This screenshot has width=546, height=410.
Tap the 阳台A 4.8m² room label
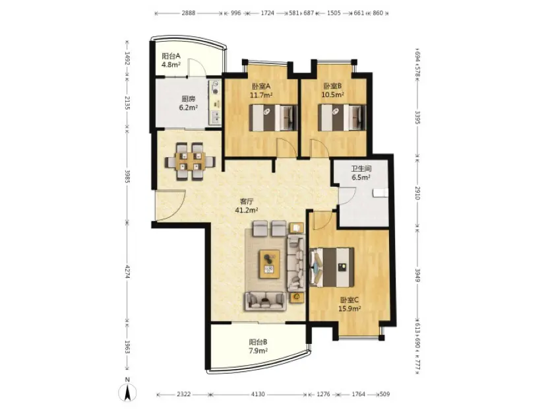click(x=171, y=60)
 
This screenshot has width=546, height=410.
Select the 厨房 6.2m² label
click(x=189, y=103)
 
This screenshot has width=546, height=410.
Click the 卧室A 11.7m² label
click(x=261, y=90)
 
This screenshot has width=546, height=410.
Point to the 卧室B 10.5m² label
click(x=333, y=90)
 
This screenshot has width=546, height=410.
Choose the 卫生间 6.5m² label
click(x=361, y=173)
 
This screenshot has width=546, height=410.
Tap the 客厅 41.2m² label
click(x=247, y=206)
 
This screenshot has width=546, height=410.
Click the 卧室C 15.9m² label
click(x=349, y=304)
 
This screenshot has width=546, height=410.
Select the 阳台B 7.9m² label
click(x=258, y=347)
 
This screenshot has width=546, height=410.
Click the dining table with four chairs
click(x=191, y=161)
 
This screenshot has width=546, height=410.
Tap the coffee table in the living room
click(x=269, y=264)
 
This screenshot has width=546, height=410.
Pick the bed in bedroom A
click(x=274, y=118)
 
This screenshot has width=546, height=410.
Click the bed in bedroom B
click(x=342, y=118)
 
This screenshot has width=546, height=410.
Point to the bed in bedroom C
click(x=332, y=267)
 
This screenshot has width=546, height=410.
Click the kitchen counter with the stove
click(x=215, y=102)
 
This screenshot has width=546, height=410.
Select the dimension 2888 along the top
click(x=189, y=13)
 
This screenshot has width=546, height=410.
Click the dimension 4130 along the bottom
click(x=258, y=394)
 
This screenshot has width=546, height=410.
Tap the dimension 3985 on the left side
click(x=127, y=177)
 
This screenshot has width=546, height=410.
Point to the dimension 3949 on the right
click(x=418, y=275)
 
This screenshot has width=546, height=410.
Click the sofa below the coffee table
click(x=265, y=301)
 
